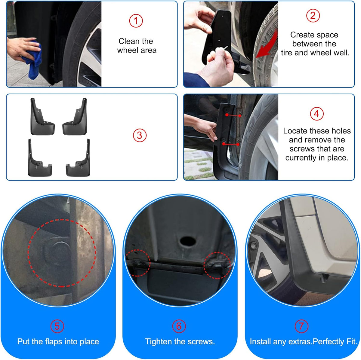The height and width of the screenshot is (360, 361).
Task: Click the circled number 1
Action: point(136,21)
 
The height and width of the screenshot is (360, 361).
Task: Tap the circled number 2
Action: point(313,16)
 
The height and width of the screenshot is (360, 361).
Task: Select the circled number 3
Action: point(140,135)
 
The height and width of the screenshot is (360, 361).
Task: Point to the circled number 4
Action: point(316,114)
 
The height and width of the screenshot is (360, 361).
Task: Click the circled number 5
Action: point(57,326)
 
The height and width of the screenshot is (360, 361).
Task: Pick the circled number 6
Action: point(179,326)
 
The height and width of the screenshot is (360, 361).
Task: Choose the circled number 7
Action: point(301,326)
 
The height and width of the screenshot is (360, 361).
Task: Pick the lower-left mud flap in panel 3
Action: point(39,158)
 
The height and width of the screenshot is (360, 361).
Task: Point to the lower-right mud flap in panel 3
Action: point(78,158)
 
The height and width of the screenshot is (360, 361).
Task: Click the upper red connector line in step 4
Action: point(233,115)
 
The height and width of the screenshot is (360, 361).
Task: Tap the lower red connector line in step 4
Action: point(231,144)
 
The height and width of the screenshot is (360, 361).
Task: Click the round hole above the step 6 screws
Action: point(187,241)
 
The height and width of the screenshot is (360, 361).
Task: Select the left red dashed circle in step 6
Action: point(138,263)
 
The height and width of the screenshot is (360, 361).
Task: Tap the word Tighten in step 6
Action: point(159,342)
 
